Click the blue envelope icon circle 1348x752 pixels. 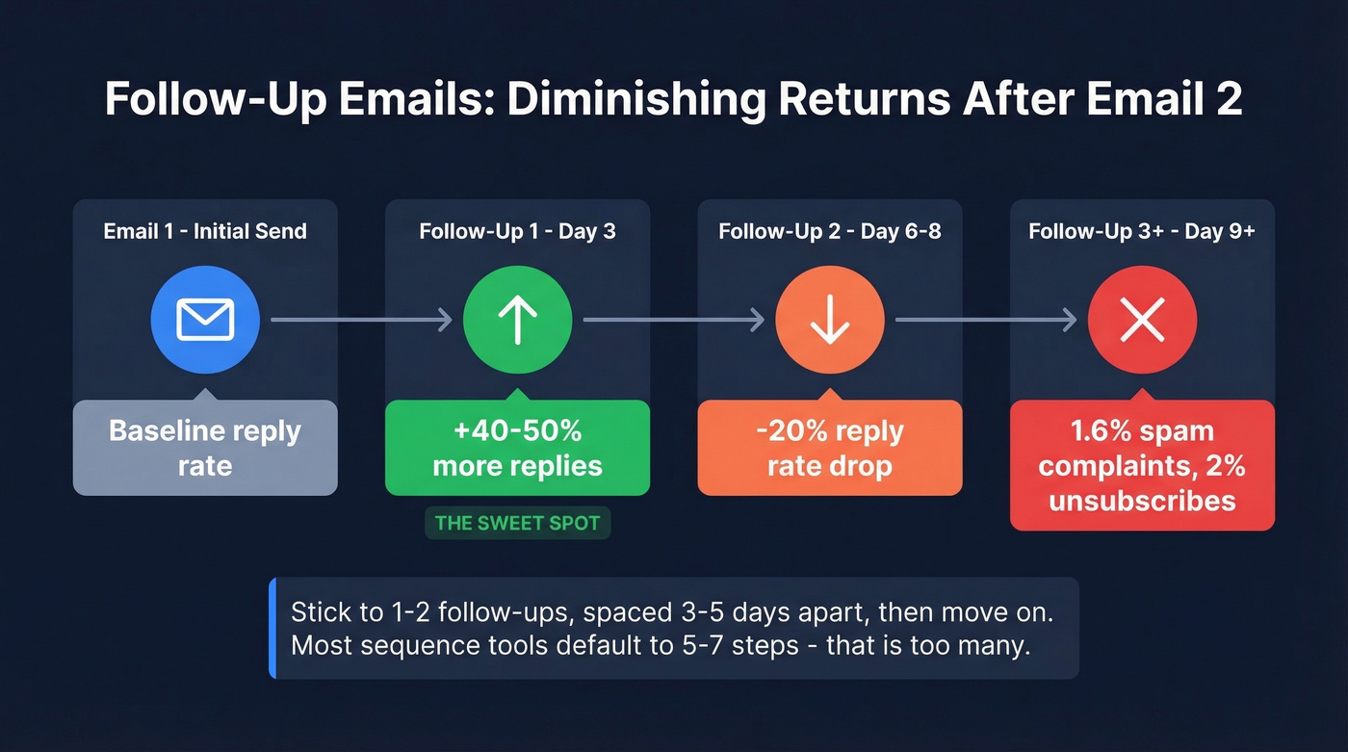[205, 320]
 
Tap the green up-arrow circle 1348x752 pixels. [517, 320]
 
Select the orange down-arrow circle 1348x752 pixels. [829, 320]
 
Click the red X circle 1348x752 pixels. [1142, 320]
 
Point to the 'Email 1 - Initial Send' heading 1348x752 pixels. [205, 231]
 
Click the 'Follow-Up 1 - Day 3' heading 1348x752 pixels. [517, 231]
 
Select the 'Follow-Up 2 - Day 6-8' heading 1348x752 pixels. [829, 231]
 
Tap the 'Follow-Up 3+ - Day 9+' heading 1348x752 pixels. [1142, 231]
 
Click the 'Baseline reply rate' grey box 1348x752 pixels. [205, 448]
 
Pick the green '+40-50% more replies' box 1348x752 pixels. [517, 448]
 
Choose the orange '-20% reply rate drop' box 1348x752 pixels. [829, 448]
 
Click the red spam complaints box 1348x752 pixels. [1142, 465]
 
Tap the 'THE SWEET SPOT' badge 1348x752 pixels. [517, 524]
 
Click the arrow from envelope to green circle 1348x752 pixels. [361, 320]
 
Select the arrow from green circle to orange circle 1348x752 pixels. [673, 320]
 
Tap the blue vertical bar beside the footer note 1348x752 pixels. [272, 628]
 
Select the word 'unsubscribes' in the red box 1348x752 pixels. [1142, 501]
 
